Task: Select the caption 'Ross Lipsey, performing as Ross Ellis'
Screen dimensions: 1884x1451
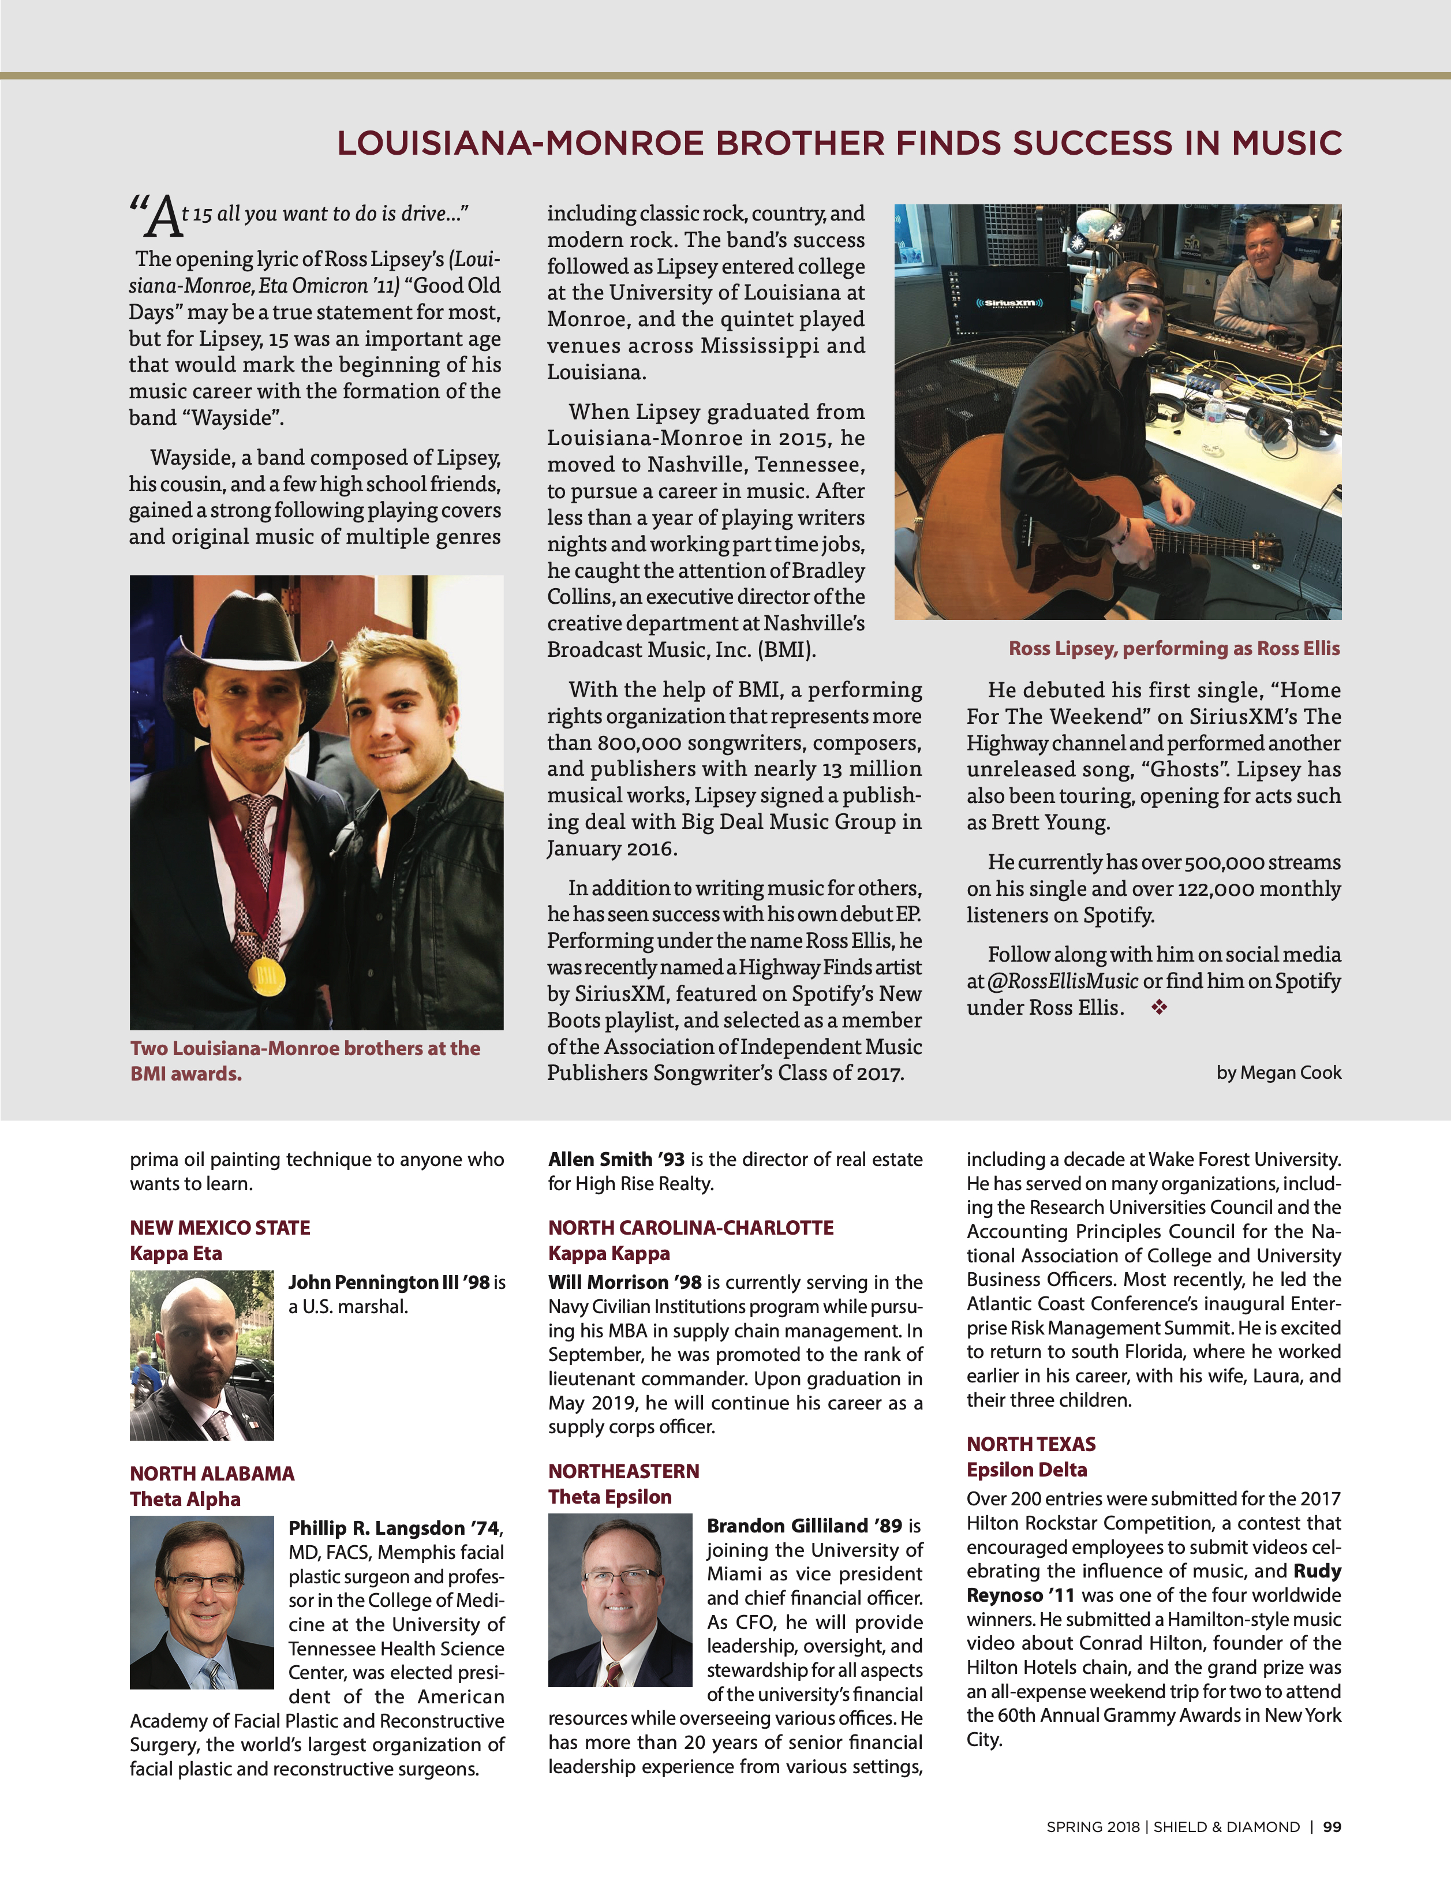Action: [1174, 649]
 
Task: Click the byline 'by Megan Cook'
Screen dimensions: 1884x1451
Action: [1278, 1072]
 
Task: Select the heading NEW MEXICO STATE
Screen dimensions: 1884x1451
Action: [220, 1228]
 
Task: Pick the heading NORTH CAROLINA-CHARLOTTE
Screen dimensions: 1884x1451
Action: [691, 1228]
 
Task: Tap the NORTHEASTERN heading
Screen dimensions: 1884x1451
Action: [624, 1471]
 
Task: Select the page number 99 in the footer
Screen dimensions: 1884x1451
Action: [1332, 1827]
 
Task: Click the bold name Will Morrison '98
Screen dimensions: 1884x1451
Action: [624, 1283]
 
